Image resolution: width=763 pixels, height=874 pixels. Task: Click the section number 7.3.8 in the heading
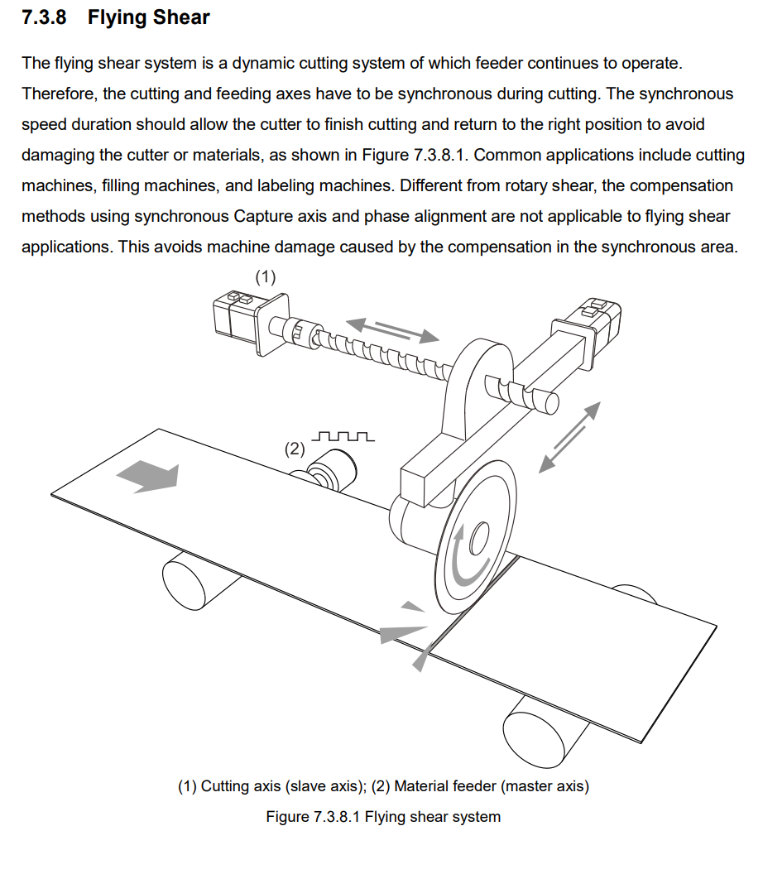(44, 17)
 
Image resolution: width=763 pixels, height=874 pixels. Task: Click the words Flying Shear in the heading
(149, 17)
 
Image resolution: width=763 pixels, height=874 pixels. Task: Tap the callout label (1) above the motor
(265, 277)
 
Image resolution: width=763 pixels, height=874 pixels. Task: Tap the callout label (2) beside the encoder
(295, 449)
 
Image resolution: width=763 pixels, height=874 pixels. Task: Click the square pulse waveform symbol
(344, 436)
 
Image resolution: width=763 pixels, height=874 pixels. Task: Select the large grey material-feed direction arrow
(148, 477)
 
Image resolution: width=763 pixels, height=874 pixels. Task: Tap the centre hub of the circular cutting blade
(477, 542)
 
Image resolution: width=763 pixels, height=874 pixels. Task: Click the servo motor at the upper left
(235, 318)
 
